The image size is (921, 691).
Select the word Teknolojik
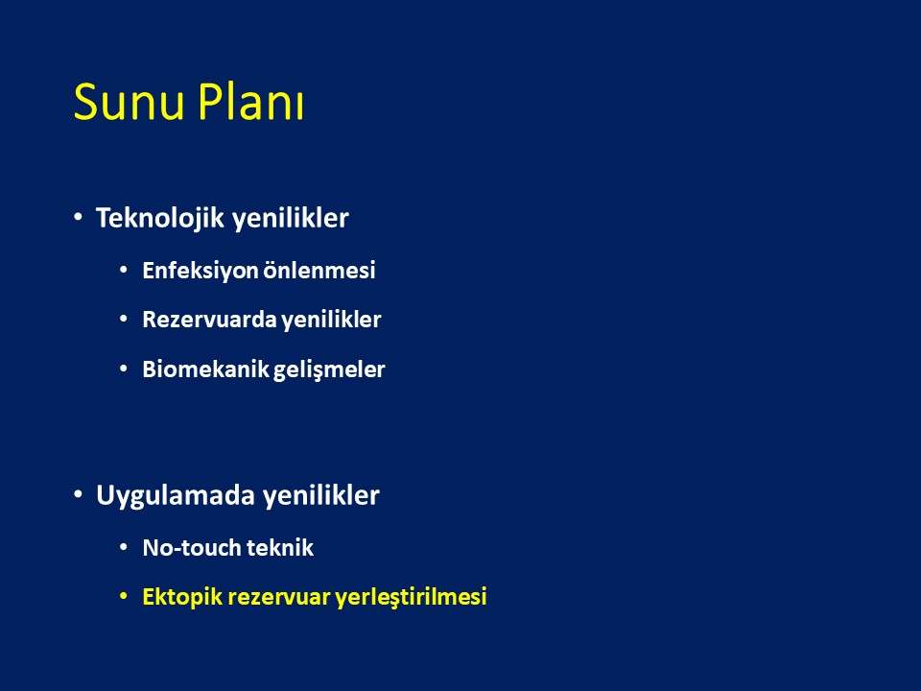click(x=160, y=218)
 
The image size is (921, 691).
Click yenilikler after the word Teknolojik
click(x=290, y=219)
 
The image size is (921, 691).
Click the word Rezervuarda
click(x=210, y=320)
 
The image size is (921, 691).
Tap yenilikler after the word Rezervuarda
click(x=331, y=320)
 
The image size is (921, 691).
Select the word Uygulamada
click(x=175, y=495)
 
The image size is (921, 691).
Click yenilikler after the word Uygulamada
click(x=320, y=495)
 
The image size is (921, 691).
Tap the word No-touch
click(x=192, y=548)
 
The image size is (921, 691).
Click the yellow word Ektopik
click(x=182, y=597)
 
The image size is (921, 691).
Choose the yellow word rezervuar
click(x=278, y=598)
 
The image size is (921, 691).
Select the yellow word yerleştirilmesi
click(x=411, y=597)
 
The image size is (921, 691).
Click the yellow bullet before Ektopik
click(x=124, y=596)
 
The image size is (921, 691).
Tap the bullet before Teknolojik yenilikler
click(x=78, y=218)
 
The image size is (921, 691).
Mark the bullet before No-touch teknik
click(x=124, y=547)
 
